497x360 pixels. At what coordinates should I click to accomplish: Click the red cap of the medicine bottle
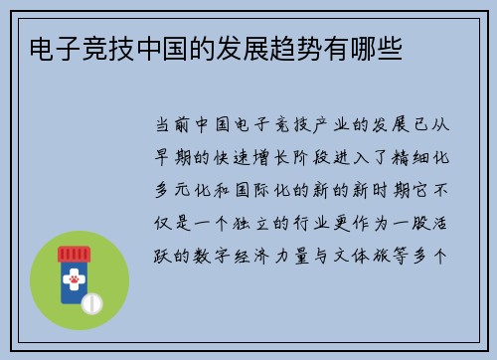click(73, 254)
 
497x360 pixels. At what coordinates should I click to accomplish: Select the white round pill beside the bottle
click(92, 302)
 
